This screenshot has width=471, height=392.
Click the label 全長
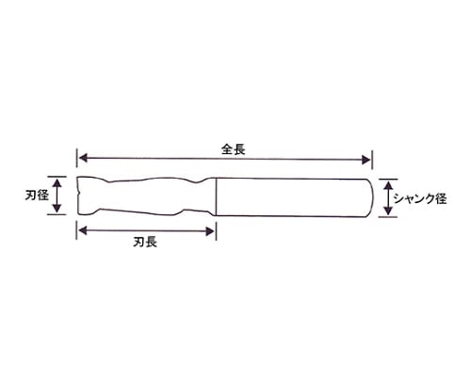233,149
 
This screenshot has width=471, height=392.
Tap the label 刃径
37,196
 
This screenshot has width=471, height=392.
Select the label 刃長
145,242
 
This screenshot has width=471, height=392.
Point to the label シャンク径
420,198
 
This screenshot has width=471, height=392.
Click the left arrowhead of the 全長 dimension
83,158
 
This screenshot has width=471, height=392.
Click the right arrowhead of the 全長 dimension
365,160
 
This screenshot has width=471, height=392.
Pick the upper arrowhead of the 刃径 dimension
57,183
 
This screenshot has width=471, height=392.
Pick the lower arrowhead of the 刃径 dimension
57,208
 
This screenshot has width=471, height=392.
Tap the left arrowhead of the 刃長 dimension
83,231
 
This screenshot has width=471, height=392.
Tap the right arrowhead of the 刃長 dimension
209,231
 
